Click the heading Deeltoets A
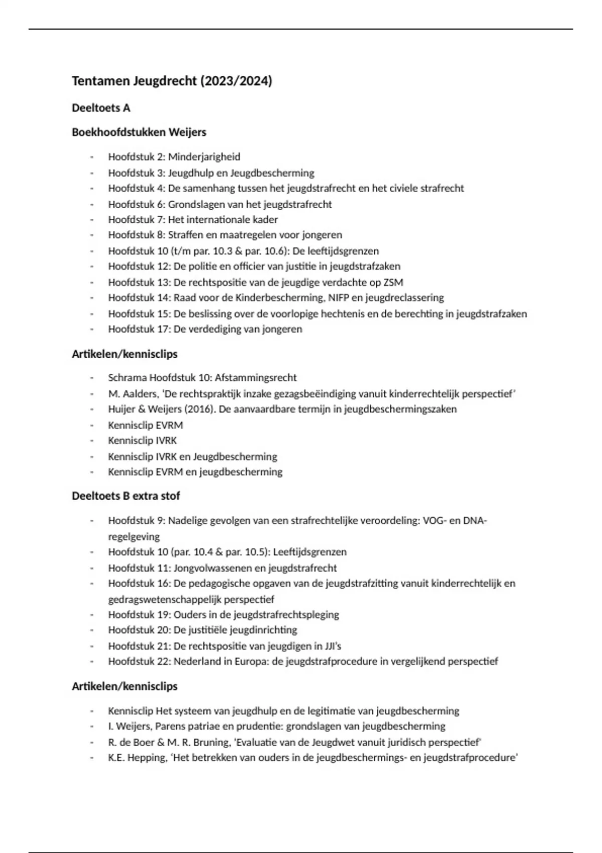coord(101,108)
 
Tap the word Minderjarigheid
coord(204,157)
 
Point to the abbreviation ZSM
coord(392,282)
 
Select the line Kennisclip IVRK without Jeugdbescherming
coord(142,441)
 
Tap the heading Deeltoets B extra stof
coord(126,496)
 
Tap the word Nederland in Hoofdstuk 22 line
coord(196,661)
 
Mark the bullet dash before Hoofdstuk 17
coord(92,330)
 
